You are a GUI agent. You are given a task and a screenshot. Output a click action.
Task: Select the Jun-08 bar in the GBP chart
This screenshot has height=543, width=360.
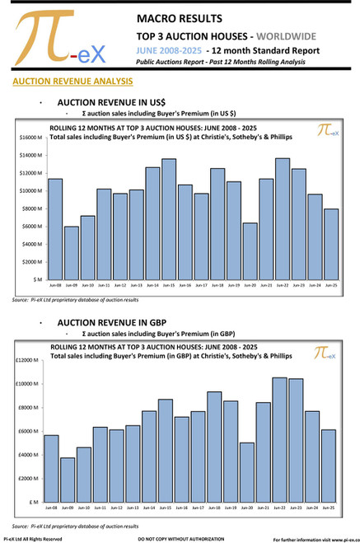click(51, 469)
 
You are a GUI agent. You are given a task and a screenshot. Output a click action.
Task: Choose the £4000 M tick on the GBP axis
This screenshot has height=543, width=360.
click(26, 455)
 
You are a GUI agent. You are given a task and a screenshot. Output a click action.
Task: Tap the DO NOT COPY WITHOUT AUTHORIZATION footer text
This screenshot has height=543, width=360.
click(180, 538)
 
